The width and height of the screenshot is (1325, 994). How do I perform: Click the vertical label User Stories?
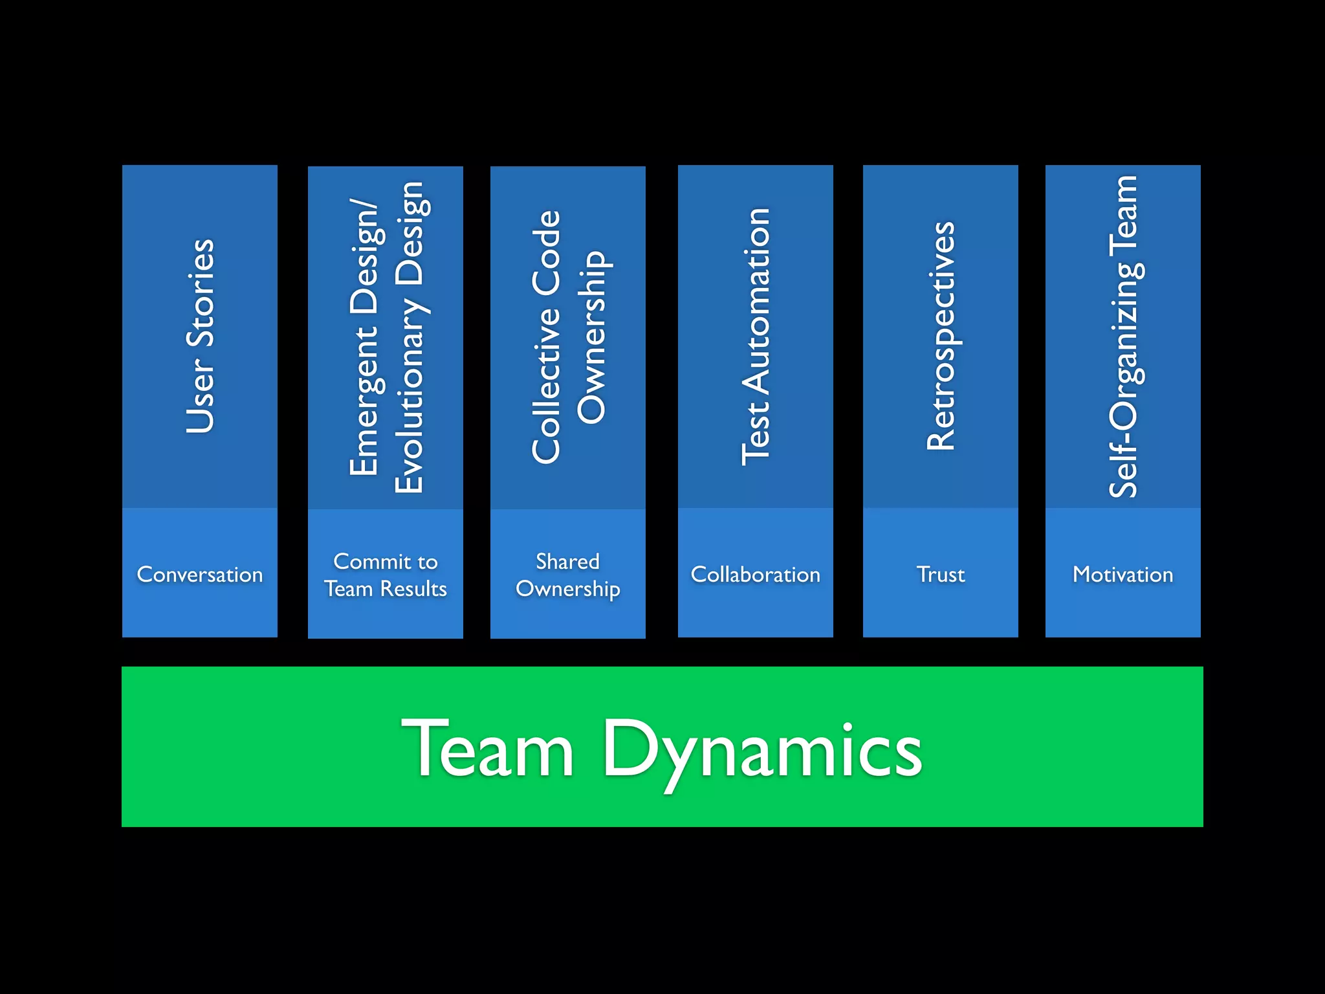(200, 337)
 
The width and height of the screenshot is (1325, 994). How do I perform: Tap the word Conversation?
(200, 575)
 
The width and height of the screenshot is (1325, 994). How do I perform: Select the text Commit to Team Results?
(386, 575)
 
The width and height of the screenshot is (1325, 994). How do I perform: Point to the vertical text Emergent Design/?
(364, 337)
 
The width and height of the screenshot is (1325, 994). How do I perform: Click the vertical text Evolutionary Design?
(410, 337)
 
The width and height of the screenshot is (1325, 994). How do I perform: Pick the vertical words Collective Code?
(547, 337)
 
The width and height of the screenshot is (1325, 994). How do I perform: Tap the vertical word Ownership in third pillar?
(591, 337)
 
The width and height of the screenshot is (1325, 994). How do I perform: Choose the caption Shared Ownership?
(568, 575)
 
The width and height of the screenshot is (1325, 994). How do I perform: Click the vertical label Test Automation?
(756, 337)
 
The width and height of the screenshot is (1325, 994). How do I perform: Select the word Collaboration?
(756, 575)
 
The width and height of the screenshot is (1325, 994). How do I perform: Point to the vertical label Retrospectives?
(941, 337)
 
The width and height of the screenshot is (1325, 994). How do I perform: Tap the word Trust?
(941, 575)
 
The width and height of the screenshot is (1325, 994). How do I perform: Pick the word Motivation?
(1123, 575)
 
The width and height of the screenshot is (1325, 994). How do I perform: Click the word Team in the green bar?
(488, 749)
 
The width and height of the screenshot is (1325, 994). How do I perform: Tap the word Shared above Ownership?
(568, 561)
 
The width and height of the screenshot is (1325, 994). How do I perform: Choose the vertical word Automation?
(756, 301)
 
